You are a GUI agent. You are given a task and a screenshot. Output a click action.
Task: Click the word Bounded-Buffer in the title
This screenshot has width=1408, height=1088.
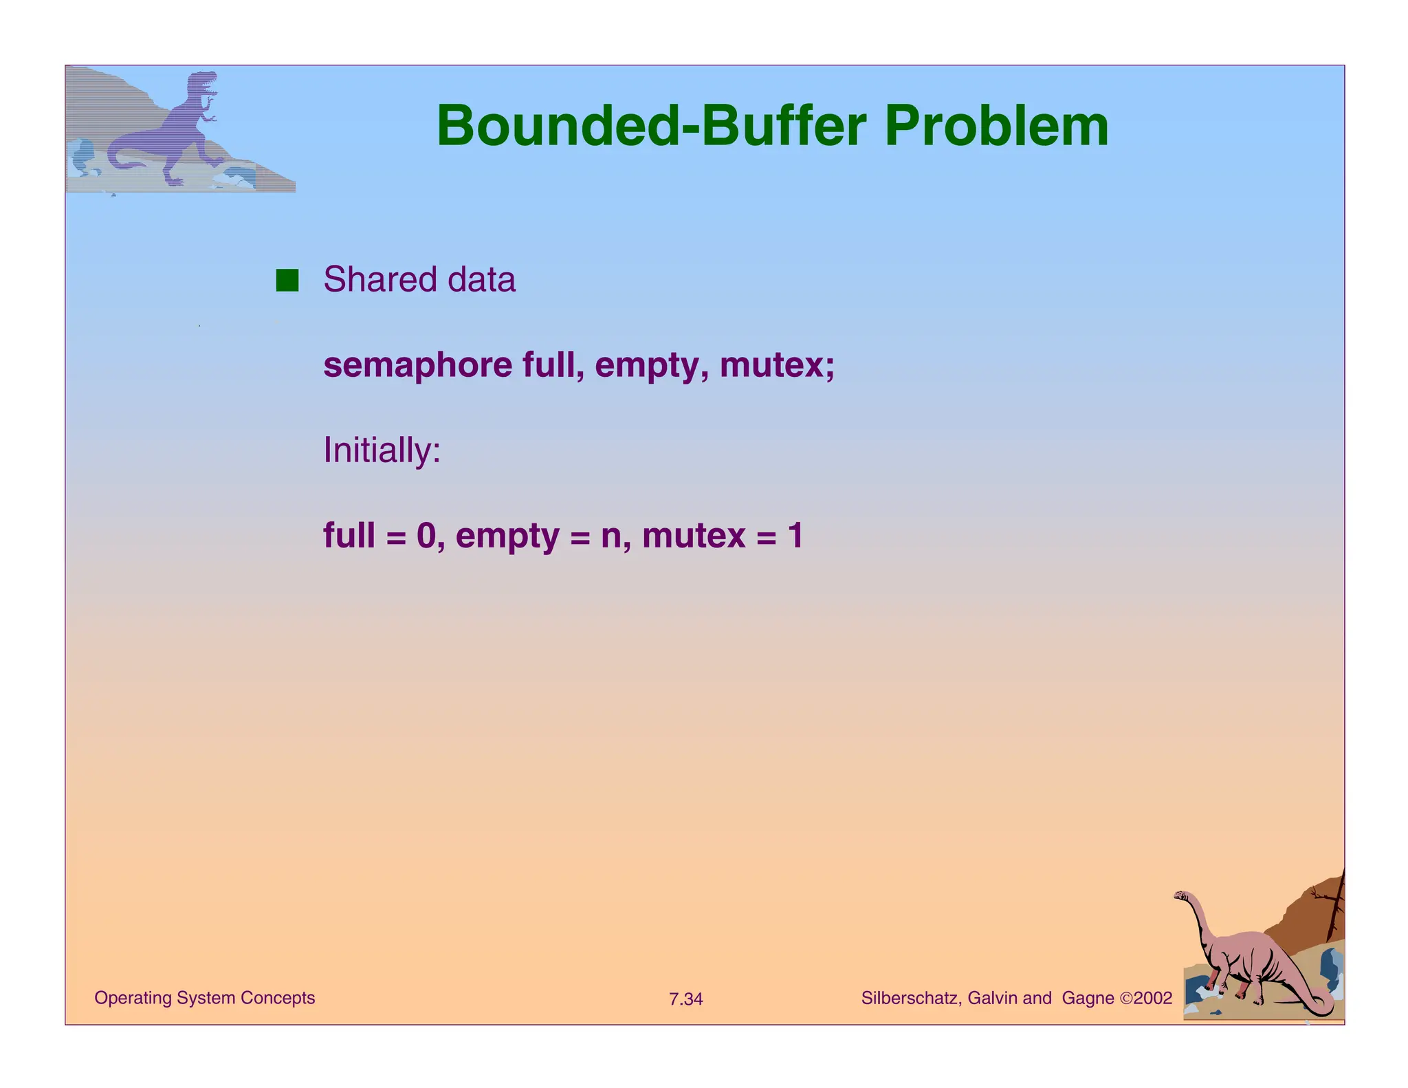click(650, 127)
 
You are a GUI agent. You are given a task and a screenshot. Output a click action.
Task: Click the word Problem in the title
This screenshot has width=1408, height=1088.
click(996, 127)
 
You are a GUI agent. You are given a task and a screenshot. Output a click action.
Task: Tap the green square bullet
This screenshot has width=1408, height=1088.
click(287, 281)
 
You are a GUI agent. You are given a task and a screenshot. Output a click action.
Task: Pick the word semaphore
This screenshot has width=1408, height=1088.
click(417, 365)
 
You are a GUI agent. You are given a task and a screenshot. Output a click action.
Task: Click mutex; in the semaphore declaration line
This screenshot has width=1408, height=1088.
click(777, 365)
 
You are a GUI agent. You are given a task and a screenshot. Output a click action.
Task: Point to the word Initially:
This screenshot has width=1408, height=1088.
click(382, 450)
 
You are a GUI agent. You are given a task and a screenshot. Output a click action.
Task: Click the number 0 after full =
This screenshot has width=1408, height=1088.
click(426, 536)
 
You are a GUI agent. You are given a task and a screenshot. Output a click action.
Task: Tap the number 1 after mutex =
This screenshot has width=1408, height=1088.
click(795, 536)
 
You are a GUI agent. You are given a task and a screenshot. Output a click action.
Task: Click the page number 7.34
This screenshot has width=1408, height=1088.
click(685, 999)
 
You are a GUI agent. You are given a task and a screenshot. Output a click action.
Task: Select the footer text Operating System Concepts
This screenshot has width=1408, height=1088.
click(204, 998)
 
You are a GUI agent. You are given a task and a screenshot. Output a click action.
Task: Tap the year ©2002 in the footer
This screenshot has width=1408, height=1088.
click(1146, 998)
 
